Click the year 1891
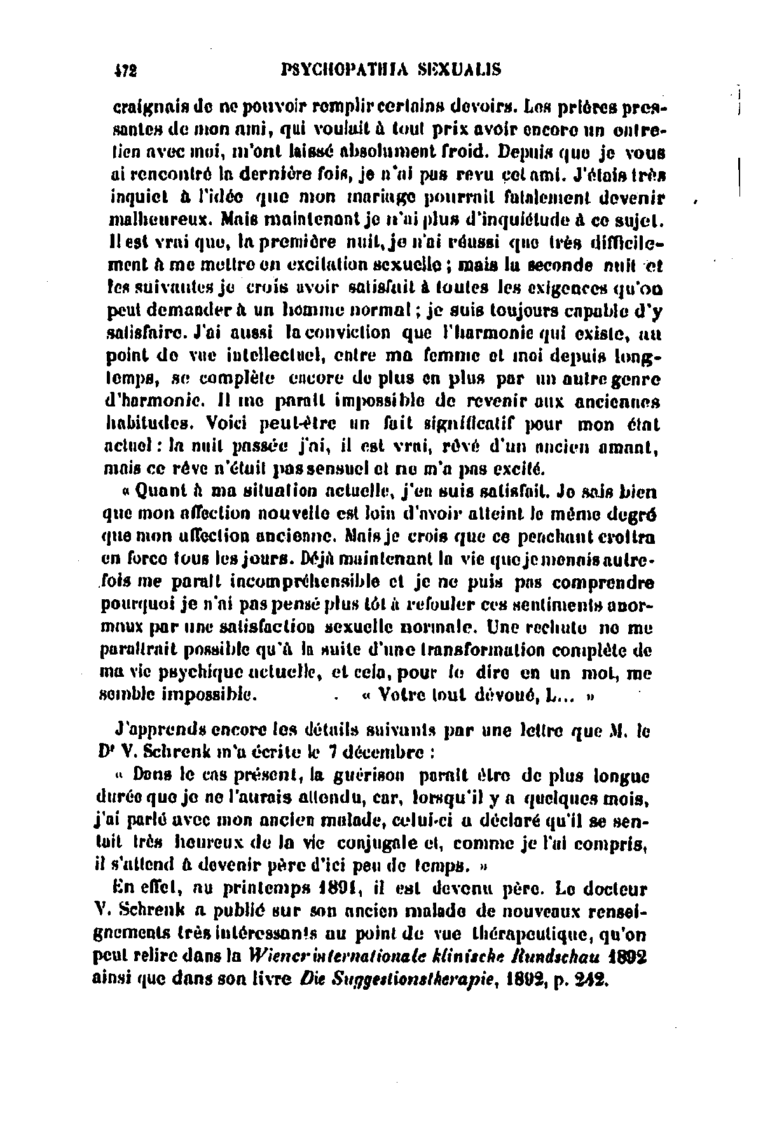click(x=339, y=889)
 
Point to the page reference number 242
click(x=592, y=978)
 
